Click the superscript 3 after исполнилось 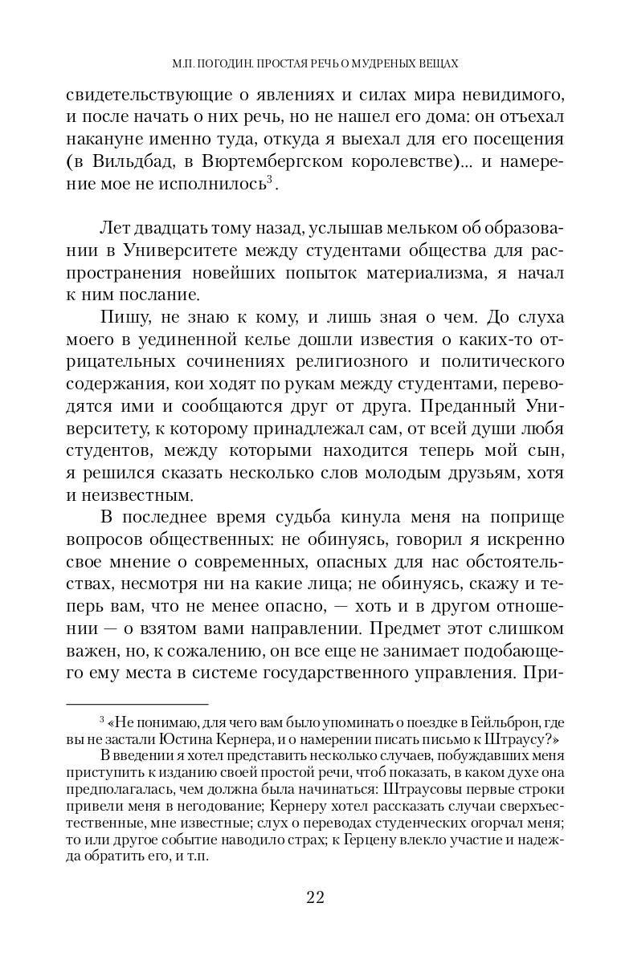[x=272, y=181]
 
